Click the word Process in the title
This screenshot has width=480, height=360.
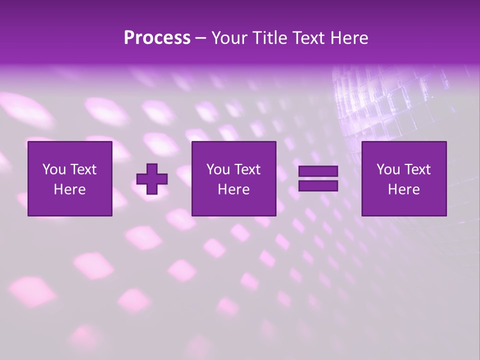click(157, 38)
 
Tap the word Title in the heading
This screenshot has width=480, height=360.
click(268, 38)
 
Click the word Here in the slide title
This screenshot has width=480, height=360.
click(349, 38)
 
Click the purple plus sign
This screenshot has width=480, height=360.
click(152, 179)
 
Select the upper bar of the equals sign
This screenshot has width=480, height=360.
click(318, 171)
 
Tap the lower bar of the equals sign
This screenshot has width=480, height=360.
click(318, 186)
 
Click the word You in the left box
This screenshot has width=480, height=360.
click(53, 169)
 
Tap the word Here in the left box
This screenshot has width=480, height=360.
click(69, 189)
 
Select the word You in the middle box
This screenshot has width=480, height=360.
click(217, 169)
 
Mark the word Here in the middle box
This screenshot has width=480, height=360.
click(233, 189)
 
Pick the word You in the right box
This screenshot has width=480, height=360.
click(387, 169)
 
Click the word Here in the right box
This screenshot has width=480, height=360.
click(403, 189)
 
